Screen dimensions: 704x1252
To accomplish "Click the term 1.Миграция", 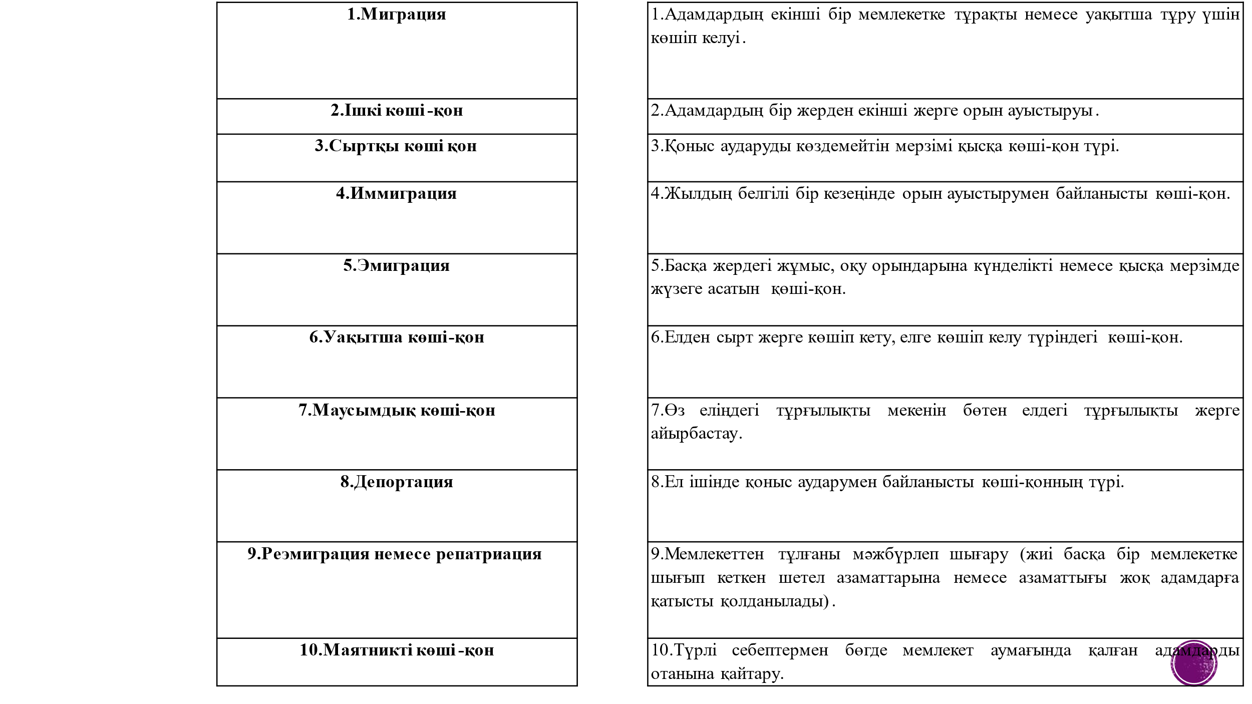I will coord(396,15).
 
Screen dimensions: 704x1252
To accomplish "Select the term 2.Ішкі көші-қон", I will coord(396,111).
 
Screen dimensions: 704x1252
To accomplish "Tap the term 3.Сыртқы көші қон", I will coord(396,146).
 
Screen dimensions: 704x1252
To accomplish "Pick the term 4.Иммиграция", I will coord(396,194).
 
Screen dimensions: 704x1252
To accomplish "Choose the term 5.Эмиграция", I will coord(396,266).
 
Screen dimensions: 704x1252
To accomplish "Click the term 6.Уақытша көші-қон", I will coord(396,337).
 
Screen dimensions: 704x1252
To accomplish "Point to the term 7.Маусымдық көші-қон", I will coord(396,411).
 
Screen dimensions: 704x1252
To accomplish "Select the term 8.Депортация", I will coord(396,482).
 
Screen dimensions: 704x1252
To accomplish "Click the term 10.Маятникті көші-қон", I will coord(396,650).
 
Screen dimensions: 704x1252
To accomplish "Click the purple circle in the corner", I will coord(1193,663).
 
